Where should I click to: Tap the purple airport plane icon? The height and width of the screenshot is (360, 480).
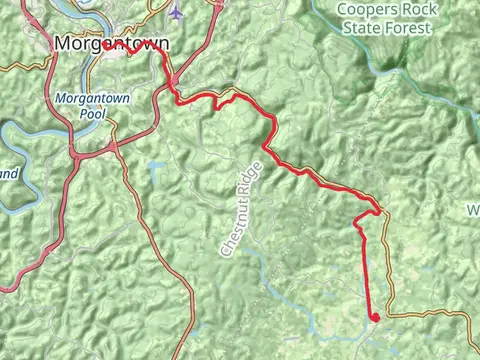(177, 11)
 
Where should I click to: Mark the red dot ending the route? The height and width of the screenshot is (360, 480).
(374, 318)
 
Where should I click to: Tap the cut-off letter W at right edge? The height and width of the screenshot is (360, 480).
(473, 211)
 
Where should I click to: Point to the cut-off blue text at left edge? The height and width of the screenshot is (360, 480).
(8, 174)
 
